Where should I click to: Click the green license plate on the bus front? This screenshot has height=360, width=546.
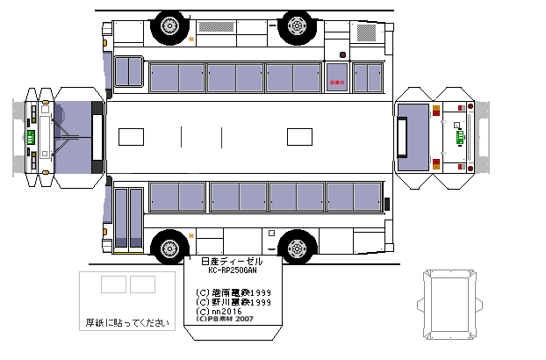(32, 139)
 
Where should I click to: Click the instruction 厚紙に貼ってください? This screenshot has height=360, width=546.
(126, 322)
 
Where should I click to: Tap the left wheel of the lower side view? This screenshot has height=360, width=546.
(169, 248)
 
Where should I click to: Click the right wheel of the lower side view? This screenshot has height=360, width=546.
(298, 248)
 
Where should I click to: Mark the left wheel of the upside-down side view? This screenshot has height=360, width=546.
(167, 26)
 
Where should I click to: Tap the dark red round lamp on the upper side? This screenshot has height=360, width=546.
(343, 54)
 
